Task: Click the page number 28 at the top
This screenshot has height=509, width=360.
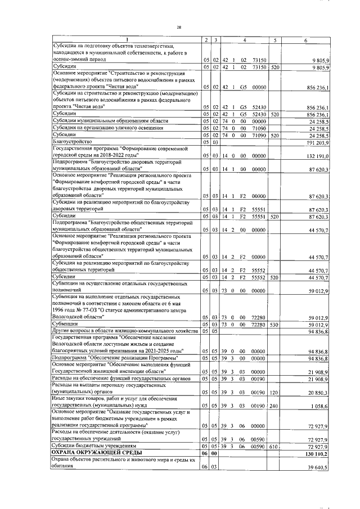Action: [x=179, y=27]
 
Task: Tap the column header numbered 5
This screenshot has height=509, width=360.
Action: [x=274, y=39]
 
